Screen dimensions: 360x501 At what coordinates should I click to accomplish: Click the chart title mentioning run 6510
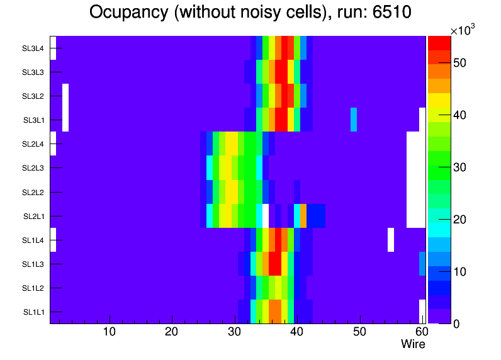[250, 12]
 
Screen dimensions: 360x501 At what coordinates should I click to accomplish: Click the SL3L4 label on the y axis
[33, 48]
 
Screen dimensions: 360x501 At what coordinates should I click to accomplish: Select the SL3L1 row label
[33, 120]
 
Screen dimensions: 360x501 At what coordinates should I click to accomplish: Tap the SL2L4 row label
[33, 144]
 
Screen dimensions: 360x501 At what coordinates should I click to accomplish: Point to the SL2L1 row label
[33, 217]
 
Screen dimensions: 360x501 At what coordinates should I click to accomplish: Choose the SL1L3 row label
[33, 264]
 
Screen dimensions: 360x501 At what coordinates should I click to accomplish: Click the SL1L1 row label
[33, 312]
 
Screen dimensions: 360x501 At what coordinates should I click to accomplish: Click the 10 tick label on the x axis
[110, 332]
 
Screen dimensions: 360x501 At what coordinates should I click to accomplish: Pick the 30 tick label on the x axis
[235, 332]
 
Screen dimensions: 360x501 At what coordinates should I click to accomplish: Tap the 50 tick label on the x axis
[359, 332]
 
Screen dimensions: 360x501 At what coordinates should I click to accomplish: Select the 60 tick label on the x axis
[420, 332]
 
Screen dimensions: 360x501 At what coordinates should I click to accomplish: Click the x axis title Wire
[414, 344]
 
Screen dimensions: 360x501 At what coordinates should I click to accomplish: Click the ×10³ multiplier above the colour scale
[464, 31]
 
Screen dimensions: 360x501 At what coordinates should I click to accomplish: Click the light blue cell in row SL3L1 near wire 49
[354, 120]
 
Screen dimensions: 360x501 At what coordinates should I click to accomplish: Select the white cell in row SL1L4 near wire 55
[391, 240]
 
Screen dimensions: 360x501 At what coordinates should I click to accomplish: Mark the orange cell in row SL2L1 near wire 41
[303, 216]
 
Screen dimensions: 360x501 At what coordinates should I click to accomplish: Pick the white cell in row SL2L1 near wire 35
[266, 216]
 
